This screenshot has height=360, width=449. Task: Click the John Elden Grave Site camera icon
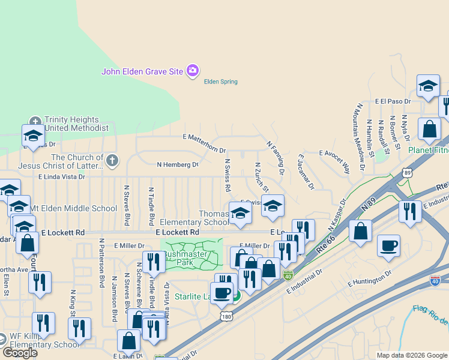(x=192, y=71)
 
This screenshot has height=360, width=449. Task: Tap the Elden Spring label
(x=221, y=82)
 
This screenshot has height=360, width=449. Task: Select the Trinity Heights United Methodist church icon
(x=35, y=120)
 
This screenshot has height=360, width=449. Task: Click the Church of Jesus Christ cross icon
(x=112, y=160)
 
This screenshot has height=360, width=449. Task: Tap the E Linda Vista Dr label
(x=62, y=177)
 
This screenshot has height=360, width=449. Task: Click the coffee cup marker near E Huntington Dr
(x=388, y=245)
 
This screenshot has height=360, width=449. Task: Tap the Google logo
(x=20, y=353)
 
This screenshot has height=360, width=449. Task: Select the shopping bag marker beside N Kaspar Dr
(x=360, y=233)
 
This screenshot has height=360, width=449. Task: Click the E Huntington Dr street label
(x=369, y=277)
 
